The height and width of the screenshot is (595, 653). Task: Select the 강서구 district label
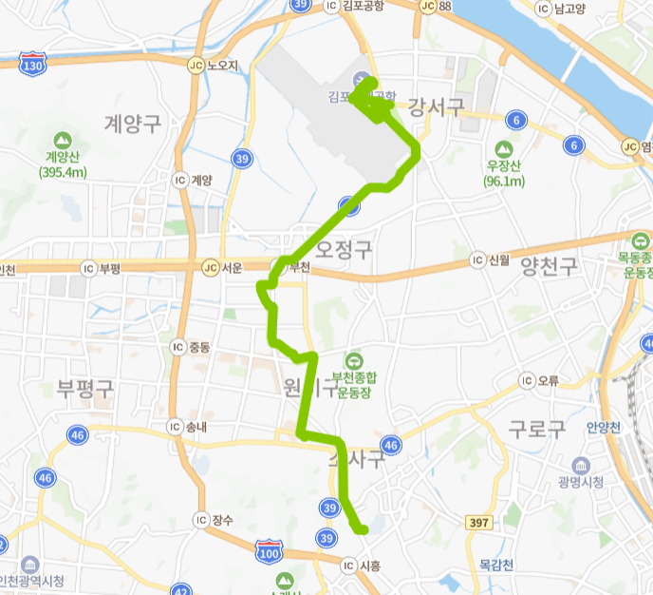(x=437, y=107)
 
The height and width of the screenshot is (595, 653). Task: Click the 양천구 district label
(x=549, y=267)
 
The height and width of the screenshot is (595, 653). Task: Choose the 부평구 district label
(x=84, y=388)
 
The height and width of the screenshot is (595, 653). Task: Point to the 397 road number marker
(x=480, y=523)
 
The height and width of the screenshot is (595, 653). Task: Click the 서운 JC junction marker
(x=210, y=267)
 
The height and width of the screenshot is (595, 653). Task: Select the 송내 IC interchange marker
(x=174, y=427)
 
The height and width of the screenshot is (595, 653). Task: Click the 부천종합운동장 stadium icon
(x=353, y=360)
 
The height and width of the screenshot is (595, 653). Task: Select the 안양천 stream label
(x=603, y=426)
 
